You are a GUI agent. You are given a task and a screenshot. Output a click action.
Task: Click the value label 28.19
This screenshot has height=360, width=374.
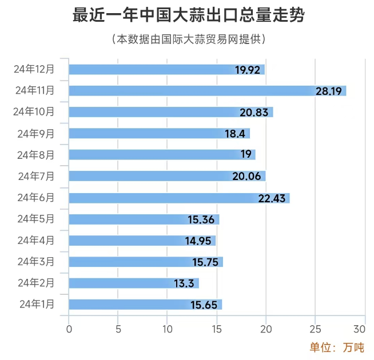pyautogui.click(x=329, y=91)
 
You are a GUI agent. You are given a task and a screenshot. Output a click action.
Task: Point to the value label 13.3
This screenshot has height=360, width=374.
pyautogui.click(x=186, y=283)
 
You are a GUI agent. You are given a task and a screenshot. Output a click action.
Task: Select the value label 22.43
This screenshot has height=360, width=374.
pyautogui.click(x=272, y=198)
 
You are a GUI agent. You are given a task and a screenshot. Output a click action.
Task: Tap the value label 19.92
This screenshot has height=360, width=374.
pyautogui.click(x=248, y=70)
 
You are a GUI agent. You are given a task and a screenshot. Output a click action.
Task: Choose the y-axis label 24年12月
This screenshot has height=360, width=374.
pyautogui.click(x=34, y=69)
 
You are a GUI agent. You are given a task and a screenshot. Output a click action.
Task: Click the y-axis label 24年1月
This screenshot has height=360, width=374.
pyautogui.click(x=37, y=304)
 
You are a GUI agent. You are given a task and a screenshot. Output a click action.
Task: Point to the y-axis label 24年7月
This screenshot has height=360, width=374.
pyautogui.click(x=37, y=176)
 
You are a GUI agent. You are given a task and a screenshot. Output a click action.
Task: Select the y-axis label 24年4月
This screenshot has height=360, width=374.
pyautogui.click(x=37, y=240)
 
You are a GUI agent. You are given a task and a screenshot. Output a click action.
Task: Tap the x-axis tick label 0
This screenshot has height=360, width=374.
pyautogui.click(x=69, y=329)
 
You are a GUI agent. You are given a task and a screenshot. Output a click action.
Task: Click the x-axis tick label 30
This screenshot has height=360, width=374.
pyautogui.click(x=359, y=329)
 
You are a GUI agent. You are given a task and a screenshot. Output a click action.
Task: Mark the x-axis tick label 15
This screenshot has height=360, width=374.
pyautogui.click(x=217, y=329)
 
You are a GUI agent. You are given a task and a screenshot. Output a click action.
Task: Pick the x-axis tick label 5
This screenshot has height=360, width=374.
pyautogui.click(x=118, y=329)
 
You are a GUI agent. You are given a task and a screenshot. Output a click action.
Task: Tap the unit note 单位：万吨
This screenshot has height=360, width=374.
pyautogui.click(x=337, y=347)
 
